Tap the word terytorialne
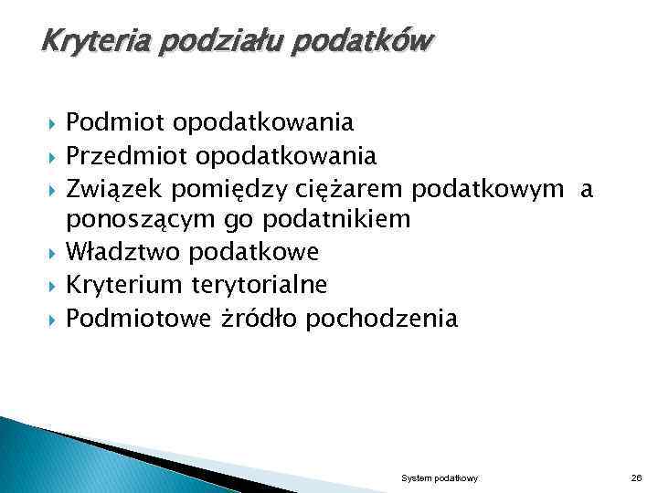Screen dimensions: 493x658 pyautogui.click(x=260, y=285)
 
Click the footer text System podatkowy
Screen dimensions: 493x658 pyautogui.click(x=433, y=478)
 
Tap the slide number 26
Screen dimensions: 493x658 pyautogui.click(x=637, y=478)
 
